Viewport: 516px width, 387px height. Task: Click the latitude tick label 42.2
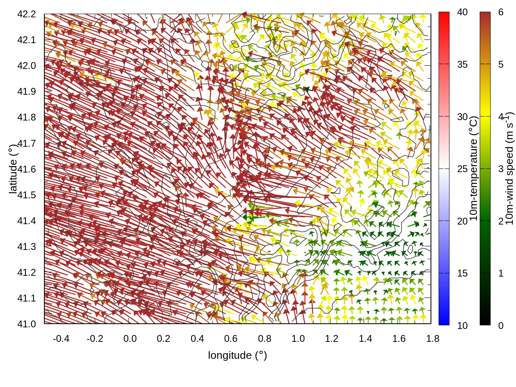(27, 14)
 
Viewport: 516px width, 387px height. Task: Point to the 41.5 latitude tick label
(27, 195)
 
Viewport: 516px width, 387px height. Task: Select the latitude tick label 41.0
(27, 324)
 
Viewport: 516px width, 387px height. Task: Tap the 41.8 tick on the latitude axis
(27, 117)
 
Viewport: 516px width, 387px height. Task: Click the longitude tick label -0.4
(61, 339)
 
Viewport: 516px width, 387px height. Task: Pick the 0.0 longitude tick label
(130, 339)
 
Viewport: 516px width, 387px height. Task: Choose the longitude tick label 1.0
(298, 339)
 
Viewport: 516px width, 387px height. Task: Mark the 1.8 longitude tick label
(433, 339)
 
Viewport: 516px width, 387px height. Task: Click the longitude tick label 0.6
(231, 339)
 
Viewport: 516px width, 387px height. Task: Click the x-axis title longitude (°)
(237, 355)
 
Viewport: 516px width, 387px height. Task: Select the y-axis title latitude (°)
(13, 169)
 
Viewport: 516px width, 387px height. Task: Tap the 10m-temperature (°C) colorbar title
(474, 169)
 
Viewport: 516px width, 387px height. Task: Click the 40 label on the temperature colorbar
(462, 12)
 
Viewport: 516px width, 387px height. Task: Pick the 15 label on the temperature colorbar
(462, 273)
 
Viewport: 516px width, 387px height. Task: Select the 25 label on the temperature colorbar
(462, 169)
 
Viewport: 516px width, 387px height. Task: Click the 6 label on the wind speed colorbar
(501, 12)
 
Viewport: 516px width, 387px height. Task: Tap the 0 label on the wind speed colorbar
(501, 326)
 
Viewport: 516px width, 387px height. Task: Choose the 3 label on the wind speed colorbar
(501, 169)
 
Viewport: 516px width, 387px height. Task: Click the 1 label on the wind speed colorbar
(501, 273)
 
